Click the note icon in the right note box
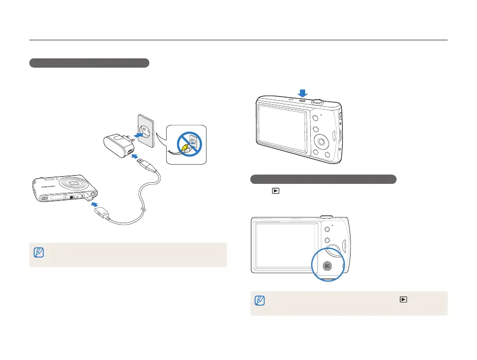[260, 301]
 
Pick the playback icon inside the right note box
[403, 298]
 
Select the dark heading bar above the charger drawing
[89, 63]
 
